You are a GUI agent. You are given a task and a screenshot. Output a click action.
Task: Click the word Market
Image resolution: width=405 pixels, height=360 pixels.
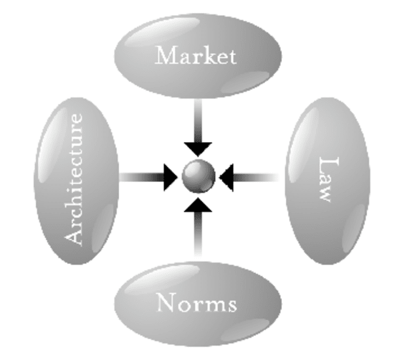click(195, 56)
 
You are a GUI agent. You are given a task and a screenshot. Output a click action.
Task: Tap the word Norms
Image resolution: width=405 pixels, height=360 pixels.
click(196, 304)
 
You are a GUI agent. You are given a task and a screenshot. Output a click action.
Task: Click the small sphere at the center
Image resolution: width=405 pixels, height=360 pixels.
click(198, 176)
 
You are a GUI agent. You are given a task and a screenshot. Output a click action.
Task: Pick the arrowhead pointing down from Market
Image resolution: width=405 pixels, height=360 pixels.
click(198, 147)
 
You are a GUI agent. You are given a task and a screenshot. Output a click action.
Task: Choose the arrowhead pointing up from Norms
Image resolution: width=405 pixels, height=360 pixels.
click(198, 205)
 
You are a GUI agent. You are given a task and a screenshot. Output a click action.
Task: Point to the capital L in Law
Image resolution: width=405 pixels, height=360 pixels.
click(325, 164)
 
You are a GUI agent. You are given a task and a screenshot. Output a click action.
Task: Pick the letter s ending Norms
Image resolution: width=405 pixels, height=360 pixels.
click(230, 305)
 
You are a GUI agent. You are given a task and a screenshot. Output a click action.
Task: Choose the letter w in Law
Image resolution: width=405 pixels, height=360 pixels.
click(324, 194)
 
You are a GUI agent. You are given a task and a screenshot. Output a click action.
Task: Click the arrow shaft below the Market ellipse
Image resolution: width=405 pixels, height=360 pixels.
click(198, 118)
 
